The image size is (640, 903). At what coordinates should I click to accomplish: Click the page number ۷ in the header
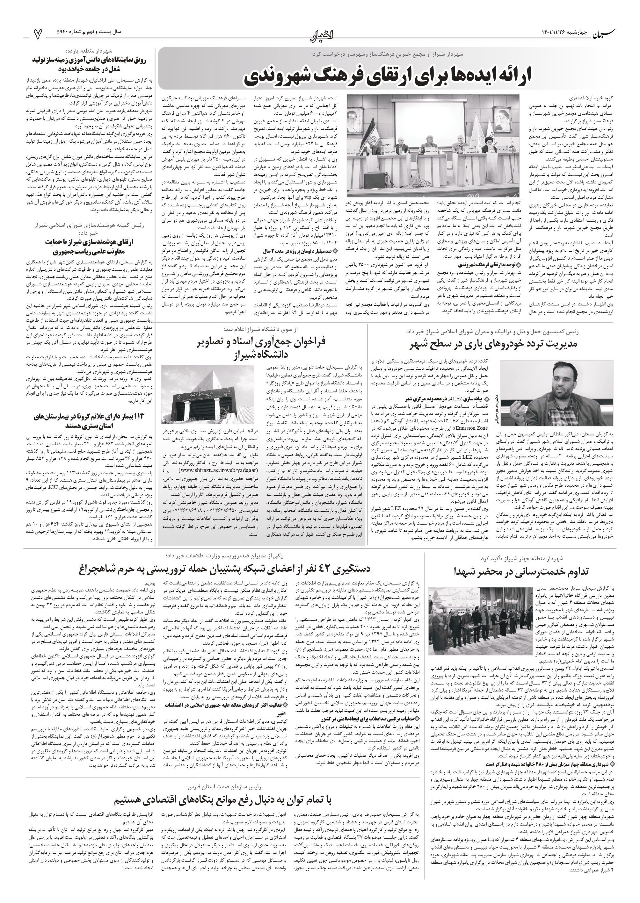pos(38,35)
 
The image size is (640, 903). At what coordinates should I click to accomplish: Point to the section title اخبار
pos(320,35)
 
